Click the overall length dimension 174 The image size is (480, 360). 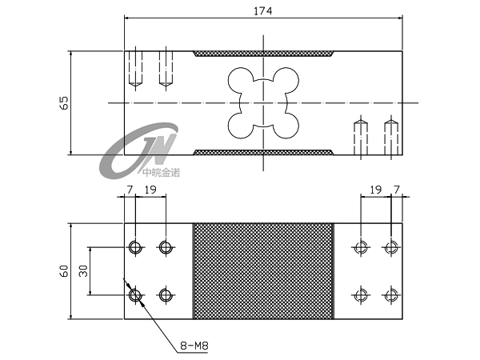(262, 11)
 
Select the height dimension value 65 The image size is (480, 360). (65, 102)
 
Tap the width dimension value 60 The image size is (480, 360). (65, 270)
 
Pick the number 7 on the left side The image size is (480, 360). (130, 190)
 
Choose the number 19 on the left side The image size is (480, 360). (150, 190)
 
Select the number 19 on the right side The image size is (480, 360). (376, 190)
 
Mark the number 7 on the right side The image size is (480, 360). (397, 190)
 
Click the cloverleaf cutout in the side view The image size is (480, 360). (262, 102)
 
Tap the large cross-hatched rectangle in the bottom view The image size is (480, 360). (262, 271)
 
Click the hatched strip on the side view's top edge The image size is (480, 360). (262, 54)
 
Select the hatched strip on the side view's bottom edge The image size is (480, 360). (262, 151)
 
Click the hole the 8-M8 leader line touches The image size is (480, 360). (135, 296)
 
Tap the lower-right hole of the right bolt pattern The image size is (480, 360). (390, 295)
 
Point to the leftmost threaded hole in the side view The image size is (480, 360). (135, 68)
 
